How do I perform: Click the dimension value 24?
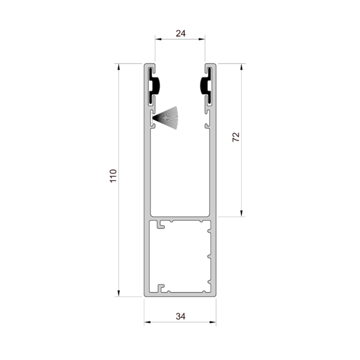(181, 34)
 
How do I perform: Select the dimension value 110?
(113, 176)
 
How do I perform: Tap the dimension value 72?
(236, 137)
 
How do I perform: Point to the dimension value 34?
(181, 316)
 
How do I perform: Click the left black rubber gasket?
(154, 86)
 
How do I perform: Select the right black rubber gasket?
(206, 86)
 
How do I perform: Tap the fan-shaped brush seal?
(166, 118)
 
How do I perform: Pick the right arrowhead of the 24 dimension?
(202, 39)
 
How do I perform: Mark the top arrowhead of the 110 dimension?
(118, 67)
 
